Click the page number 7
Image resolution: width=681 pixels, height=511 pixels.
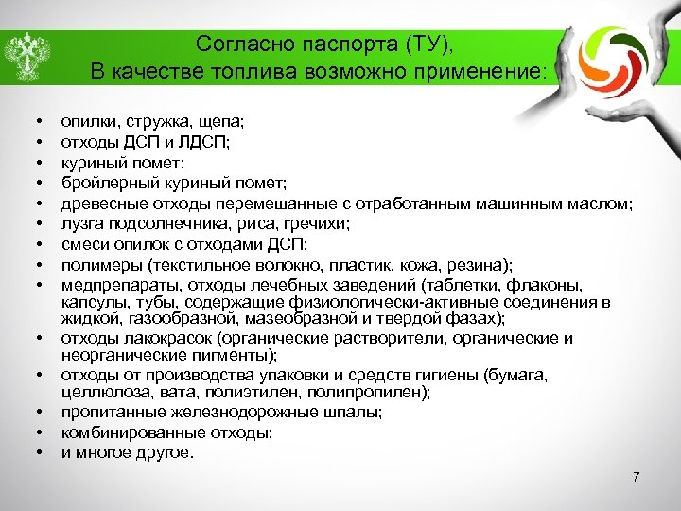pyautogui.click(x=637, y=476)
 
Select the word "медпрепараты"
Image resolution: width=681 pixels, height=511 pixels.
pyautogui.click(x=113, y=284)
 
